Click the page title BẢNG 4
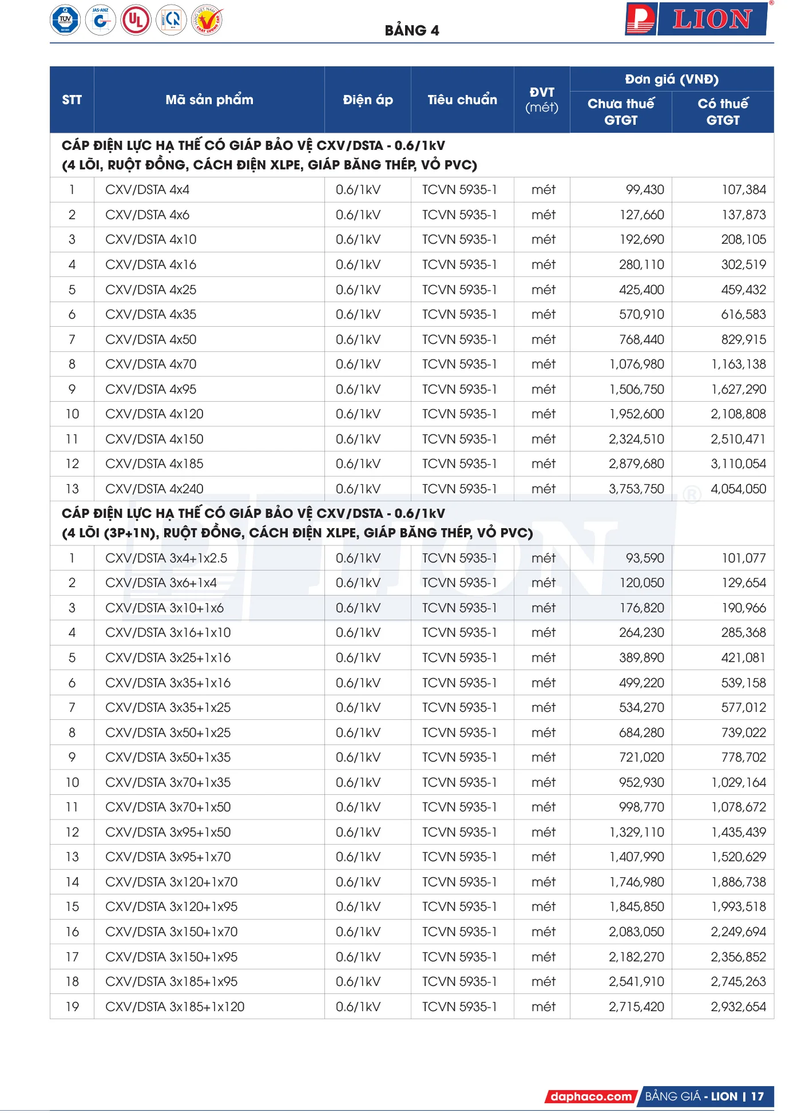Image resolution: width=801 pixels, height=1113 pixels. click(411, 30)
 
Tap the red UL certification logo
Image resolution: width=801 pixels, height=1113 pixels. click(136, 20)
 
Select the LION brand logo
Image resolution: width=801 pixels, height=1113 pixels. click(696, 19)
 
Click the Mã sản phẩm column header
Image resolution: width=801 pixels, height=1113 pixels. click(209, 100)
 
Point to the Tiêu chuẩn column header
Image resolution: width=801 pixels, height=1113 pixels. click(462, 100)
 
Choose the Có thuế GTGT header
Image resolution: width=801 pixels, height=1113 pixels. click(723, 112)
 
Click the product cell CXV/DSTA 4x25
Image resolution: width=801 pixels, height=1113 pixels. click(150, 290)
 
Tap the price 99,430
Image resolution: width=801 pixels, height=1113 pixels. click(644, 189)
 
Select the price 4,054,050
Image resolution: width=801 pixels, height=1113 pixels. click(738, 489)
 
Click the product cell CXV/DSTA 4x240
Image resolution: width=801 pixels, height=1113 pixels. click(154, 489)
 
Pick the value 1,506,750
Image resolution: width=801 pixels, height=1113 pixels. click(636, 389)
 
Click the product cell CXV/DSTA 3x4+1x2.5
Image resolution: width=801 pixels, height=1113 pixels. click(166, 558)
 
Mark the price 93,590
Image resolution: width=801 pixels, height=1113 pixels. click(644, 558)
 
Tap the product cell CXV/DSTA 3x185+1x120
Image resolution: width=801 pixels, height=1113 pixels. click(175, 1007)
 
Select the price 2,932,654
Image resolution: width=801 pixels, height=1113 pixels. click(738, 1007)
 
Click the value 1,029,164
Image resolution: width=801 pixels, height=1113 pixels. click(738, 782)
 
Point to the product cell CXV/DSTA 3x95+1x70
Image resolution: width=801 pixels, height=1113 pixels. click(168, 857)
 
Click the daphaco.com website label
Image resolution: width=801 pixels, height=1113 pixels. click(591, 1096)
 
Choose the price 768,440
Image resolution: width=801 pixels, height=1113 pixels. click(641, 339)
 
